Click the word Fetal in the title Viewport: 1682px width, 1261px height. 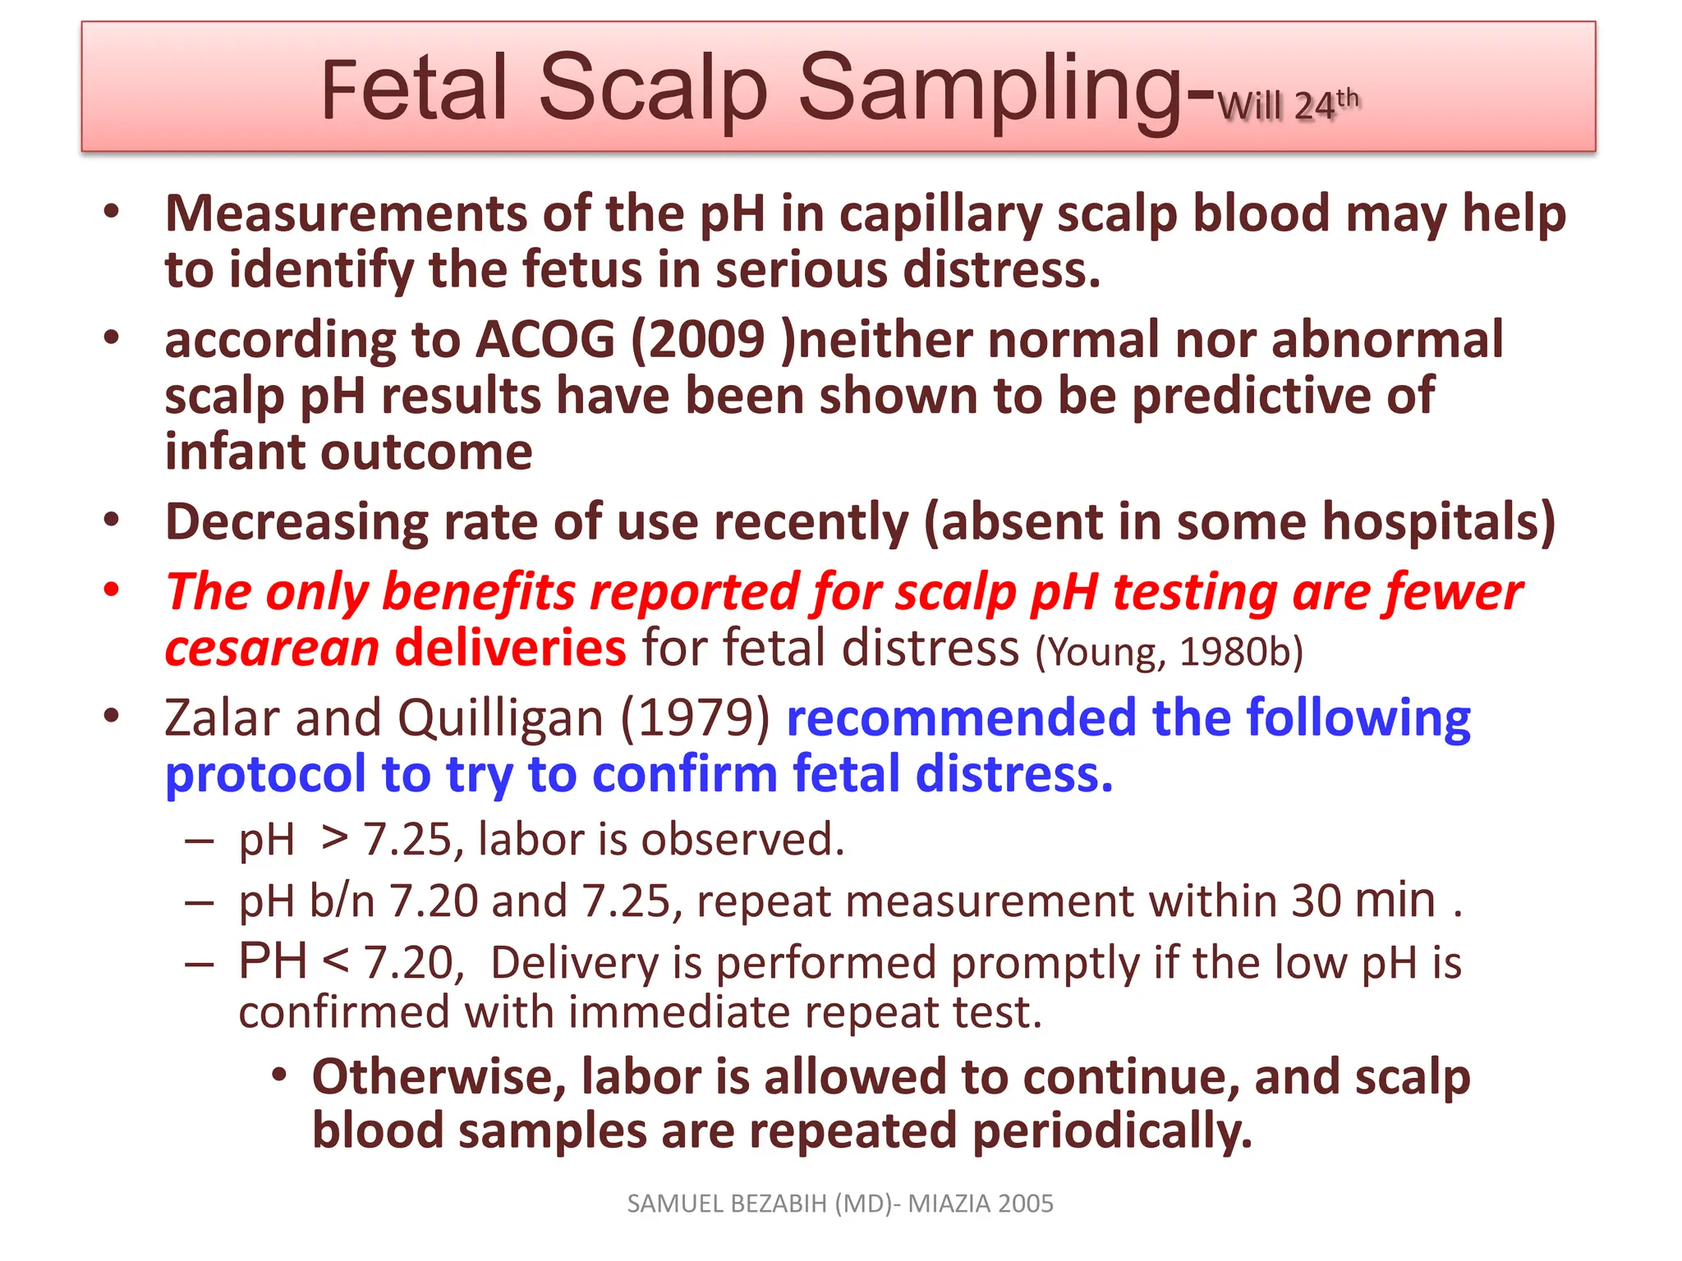point(414,89)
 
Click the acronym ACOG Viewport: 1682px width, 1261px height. point(545,340)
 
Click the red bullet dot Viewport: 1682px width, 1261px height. point(112,589)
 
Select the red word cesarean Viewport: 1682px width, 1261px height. point(272,649)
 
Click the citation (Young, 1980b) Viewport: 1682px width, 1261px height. point(1169,653)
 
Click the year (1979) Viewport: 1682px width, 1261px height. point(695,718)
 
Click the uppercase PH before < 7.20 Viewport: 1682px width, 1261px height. point(273,961)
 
